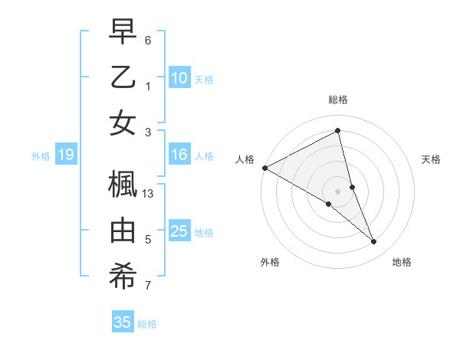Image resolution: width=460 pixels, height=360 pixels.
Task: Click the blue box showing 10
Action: pos(179,78)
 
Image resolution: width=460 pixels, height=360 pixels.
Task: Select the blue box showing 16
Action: pos(179,155)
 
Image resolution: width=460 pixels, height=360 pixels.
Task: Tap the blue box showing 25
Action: pos(179,232)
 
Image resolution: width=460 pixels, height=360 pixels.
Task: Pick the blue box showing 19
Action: pos(65,155)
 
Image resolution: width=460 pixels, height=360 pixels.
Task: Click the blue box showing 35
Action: pos(122,322)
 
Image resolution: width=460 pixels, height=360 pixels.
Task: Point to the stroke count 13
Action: pos(149,194)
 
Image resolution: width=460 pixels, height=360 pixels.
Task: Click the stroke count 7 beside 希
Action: pos(148,286)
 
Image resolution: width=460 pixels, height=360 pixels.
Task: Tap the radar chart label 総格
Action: pos(338,100)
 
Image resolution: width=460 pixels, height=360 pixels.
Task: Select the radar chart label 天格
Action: pos(432,159)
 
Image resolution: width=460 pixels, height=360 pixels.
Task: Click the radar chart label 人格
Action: pos(245,159)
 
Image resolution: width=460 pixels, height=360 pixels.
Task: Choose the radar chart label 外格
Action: pos(269,263)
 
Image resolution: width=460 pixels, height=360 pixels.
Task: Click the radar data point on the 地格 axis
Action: pos(374,242)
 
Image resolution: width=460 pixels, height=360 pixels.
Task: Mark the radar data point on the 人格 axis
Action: pos(264,168)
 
